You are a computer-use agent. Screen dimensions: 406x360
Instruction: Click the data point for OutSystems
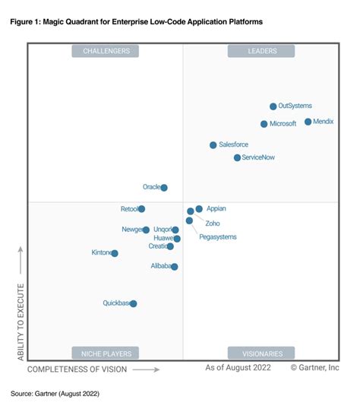273,106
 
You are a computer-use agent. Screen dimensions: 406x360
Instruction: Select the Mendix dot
308,122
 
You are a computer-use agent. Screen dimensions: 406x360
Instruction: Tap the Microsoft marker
264,124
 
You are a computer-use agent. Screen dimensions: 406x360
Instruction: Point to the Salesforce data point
213,144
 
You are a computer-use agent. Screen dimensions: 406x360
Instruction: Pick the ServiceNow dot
237,157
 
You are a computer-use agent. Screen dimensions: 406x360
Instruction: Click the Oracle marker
164,187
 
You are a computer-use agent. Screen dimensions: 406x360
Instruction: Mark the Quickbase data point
134,303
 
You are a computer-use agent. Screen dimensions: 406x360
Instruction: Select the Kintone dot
115,253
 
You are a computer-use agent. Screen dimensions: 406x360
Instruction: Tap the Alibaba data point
175,267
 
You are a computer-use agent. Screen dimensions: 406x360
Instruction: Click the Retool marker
141,209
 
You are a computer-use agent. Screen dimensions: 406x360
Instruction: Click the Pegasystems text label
217,237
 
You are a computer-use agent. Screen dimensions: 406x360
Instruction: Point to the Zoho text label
213,224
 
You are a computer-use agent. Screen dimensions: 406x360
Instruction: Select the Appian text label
216,208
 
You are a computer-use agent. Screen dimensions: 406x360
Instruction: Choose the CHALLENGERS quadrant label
106,51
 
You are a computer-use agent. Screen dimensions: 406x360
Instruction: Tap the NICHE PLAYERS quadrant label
106,353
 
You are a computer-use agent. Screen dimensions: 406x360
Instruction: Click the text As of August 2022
237,368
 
